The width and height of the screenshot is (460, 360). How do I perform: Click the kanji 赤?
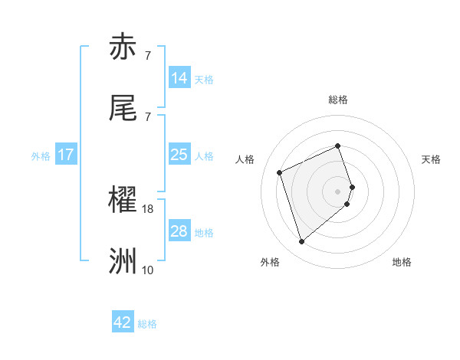click(x=123, y=47)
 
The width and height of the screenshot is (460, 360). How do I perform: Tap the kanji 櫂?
click(x=123, y=200)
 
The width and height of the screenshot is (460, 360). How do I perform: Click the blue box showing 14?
click(x=179, y=78)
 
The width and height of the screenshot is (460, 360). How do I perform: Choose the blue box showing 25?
click(x=179, y=155)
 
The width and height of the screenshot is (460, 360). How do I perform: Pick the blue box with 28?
click(x=179, y=231)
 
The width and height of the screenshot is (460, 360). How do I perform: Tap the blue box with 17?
click(x=66, y=155)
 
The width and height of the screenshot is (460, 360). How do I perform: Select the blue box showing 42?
click(x=123, y=322)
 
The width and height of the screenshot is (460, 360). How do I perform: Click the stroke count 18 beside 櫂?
click(x=148, y=208)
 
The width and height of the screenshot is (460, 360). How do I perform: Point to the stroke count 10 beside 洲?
click(x=148, y=270)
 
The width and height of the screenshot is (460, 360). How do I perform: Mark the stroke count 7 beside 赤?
click(x=148, y=55)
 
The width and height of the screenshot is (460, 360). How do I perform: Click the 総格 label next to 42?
click(x=147, y=324)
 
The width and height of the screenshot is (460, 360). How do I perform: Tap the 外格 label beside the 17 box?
click(x=41, y=156)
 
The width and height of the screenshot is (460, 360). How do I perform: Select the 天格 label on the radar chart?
click(x=431, y=159)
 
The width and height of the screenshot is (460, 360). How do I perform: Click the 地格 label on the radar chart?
click(x=402, y=262)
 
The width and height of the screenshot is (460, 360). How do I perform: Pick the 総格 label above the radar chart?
click(x=337, y=100)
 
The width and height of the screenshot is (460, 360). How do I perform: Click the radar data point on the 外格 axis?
click(x=301, y=242)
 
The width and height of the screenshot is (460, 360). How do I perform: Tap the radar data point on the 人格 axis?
click(x=280, y=172)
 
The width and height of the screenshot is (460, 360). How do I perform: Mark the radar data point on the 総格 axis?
click(x=337, y=146)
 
